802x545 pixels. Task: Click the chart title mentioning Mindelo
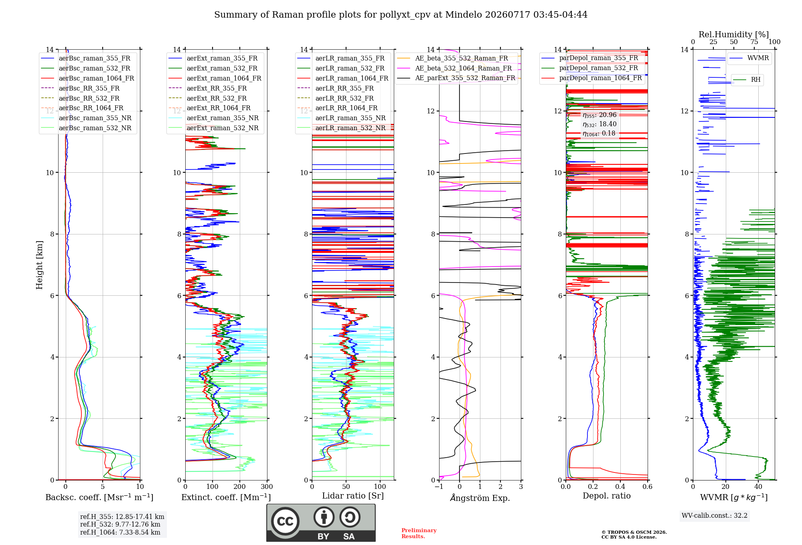(x=401, y=15)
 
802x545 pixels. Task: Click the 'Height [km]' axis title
(x=39, y=265)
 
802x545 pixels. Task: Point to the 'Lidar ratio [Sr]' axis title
(x=353, y=496)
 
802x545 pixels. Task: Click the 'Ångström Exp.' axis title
(x=480, y=498)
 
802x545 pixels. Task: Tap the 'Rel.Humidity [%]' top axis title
(x=734, y=34)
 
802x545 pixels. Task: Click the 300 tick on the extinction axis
(x=267, y=486)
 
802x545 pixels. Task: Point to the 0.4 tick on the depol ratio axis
(x=620, y=486)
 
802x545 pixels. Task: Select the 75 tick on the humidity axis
(x=754, y=42)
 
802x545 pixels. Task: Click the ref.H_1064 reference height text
(x=120, y=532)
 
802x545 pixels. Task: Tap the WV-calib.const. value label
(x=715, y=515)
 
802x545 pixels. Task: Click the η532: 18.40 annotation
(x=599, y=124)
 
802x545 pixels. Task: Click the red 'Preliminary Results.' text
(x=419, y=533)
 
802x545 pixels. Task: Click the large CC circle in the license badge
(x=285, y=521)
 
